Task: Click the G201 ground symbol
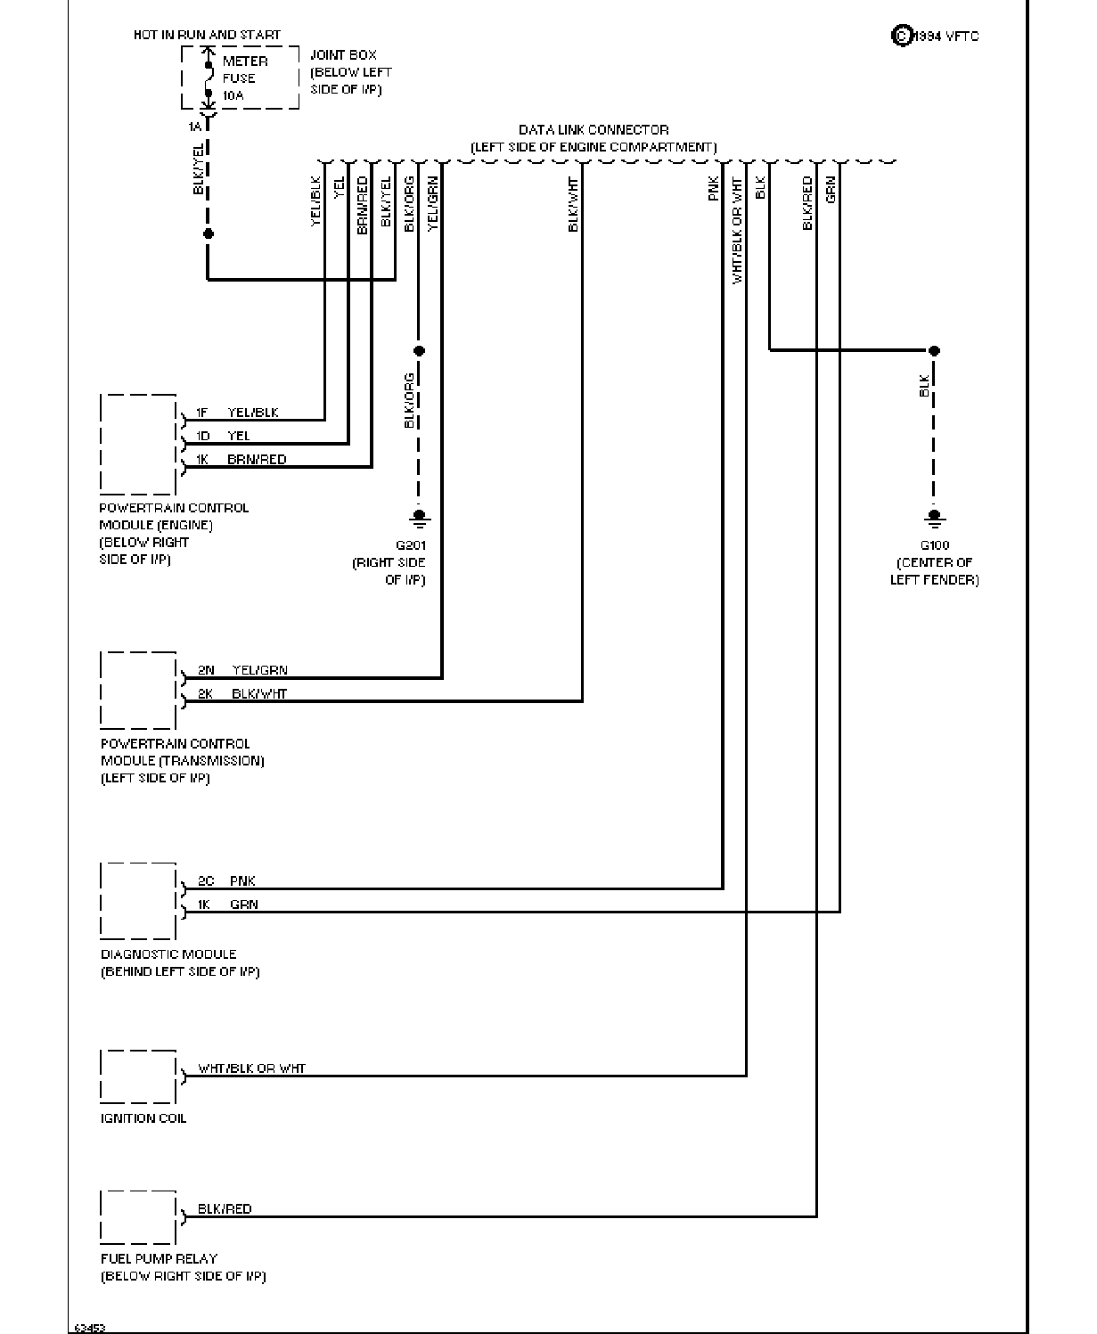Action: [x=419, y=519]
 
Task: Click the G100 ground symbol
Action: [x=935, y=519]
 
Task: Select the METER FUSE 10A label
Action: [x=245, y=78]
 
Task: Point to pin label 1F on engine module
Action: [x=201, y=413]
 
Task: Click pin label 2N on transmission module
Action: [x=206, y=670]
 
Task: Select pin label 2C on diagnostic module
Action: [x=206, y=880]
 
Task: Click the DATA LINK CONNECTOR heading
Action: [x=594, y=130]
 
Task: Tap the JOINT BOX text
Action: [x=343, y=55]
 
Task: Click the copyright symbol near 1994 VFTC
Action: [x=902, y=36]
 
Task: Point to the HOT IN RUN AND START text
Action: [x=207, y=35]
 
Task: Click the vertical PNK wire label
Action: [x=714, y=189]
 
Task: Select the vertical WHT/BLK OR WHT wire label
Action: [x=737, y=230]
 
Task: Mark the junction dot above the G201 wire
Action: [x=419, y=350]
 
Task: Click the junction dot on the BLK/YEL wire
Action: [x=209, y=233]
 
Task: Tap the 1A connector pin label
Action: [x=195, y=127]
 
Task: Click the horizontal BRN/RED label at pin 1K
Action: [x=257, y=459]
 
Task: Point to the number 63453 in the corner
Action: [x=90, y=1327]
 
